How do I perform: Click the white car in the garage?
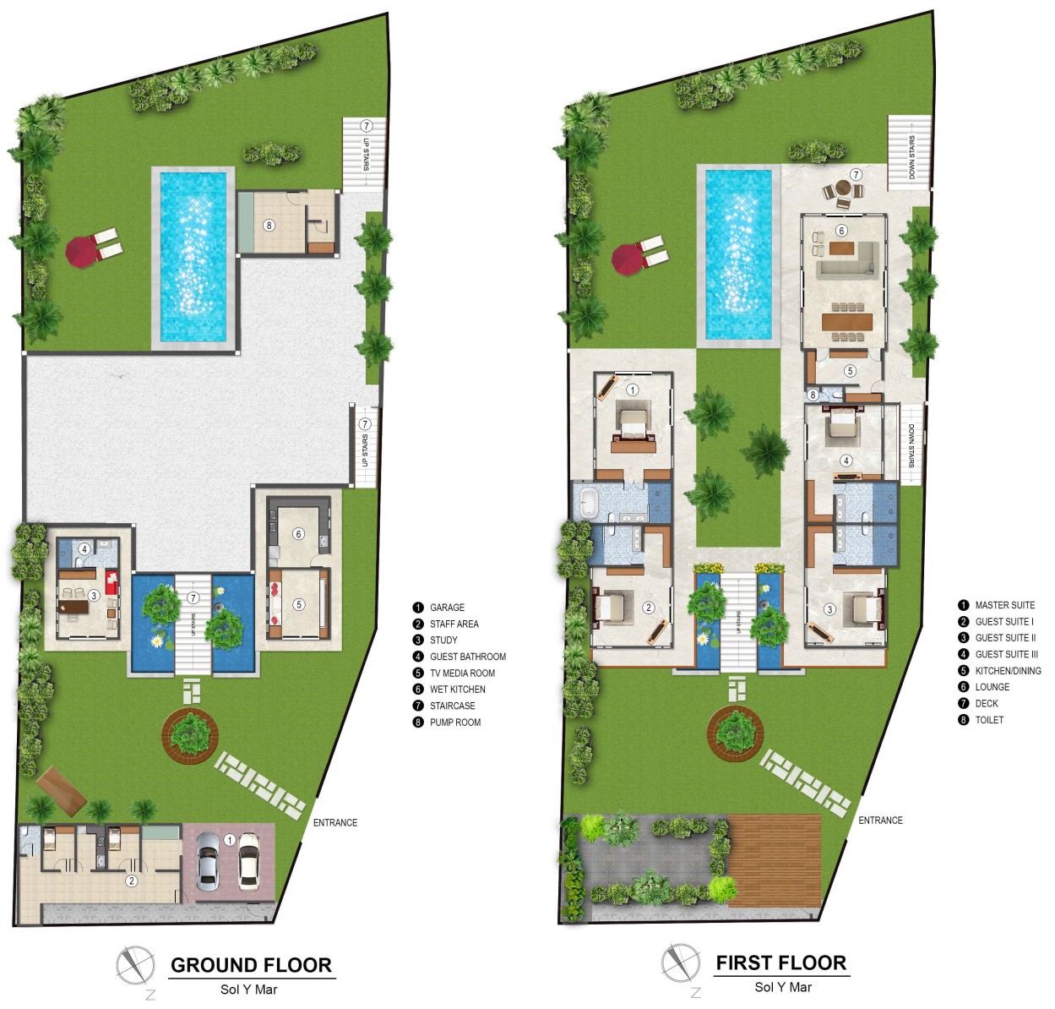(248, 860)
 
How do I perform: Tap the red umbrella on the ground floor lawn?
(81, 252)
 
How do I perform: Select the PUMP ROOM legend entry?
(447, 722)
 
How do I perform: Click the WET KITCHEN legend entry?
(449, 690)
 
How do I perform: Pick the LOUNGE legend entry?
(983, 687)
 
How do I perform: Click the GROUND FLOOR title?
(251, 964)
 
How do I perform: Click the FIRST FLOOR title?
(781, 963)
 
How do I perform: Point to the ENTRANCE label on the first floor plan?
(880, 821)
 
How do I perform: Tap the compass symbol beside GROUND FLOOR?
(135, 966)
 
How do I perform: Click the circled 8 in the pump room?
(269, 225)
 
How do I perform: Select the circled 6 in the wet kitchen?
(298, 534)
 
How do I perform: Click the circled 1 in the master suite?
(632, 390)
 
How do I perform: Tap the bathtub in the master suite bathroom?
(588, 503)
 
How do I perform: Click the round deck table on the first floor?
(843, 188)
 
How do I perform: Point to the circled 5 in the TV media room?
(299, 604)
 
